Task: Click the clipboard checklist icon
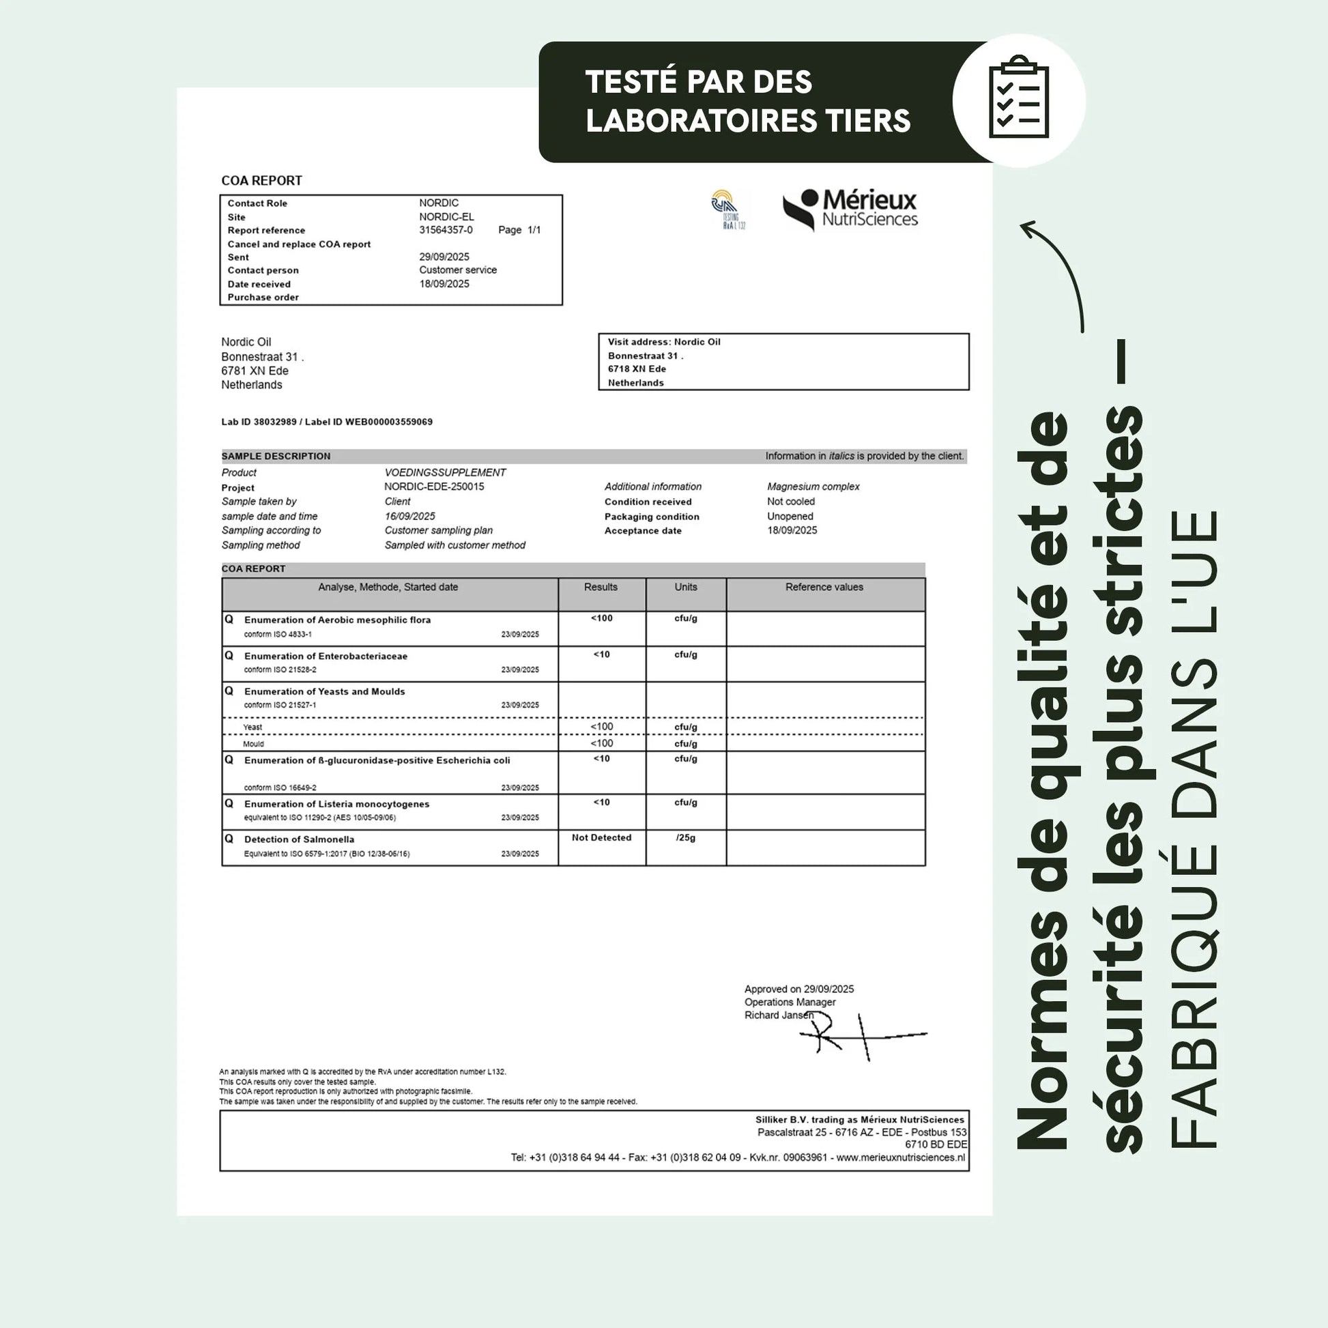(1018, 98)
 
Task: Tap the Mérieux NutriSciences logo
(850, 209)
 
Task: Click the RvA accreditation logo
(728, 210)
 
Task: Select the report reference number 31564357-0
(446, 230)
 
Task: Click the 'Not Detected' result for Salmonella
(601, 837)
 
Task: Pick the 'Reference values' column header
(824, 587)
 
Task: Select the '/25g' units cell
(685, 838)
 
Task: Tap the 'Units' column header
(685, 587)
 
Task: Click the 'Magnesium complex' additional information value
(813, 487)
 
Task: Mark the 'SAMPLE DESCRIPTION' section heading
(276, 457)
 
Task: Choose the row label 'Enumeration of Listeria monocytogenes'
(336, 803)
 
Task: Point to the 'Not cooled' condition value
(790, 502)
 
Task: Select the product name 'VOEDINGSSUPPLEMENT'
(445, 473)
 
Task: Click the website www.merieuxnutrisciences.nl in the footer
(899, 1157)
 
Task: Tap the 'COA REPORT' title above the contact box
(261, 181)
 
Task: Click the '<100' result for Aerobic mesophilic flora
(601, 619)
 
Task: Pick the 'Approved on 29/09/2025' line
(798, 989)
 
